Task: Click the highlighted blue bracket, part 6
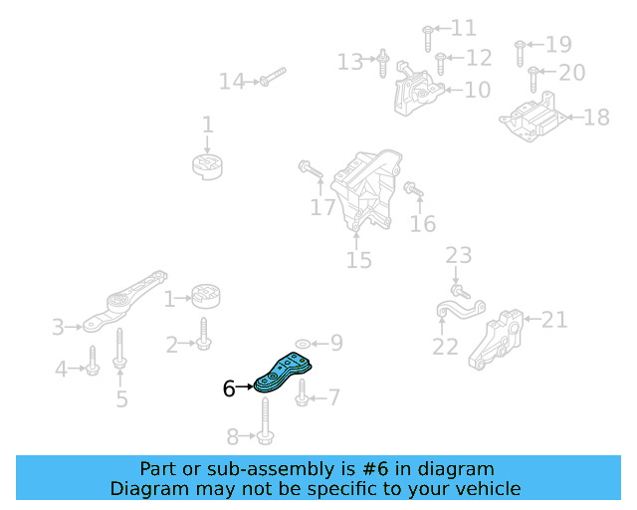284,372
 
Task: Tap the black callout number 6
229,389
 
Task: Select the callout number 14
232,81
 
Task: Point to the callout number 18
595,119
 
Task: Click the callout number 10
477,91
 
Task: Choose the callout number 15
358,261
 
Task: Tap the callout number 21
554,320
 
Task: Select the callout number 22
445,347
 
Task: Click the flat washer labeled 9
303,344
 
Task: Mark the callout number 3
58,326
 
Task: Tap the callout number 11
464,28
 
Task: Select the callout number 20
571,72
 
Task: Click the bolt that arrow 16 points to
414,188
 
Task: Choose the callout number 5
121,399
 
